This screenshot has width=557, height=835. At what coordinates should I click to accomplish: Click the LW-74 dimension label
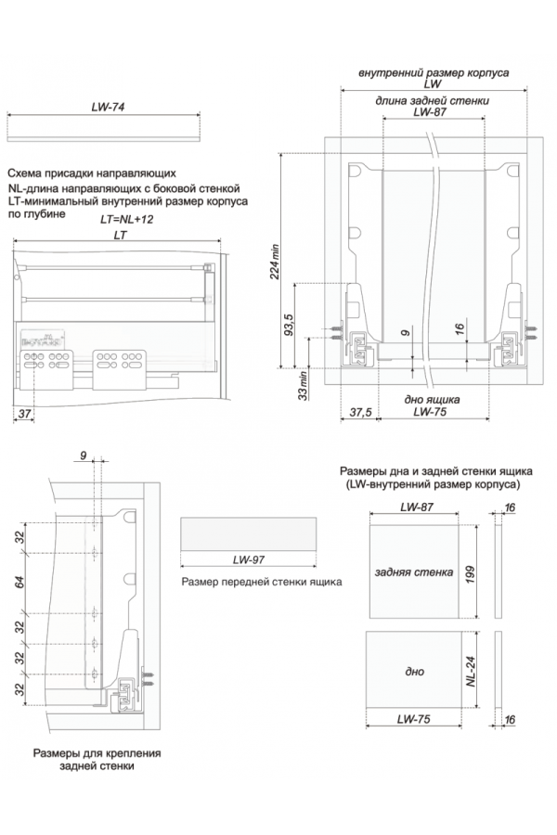click(108, 108)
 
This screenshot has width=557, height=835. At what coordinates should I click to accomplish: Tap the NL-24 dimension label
click(472, 671)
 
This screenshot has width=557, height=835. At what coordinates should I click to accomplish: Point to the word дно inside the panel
click(415, 671)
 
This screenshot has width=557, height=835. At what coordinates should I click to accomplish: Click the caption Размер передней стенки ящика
click(263, 583)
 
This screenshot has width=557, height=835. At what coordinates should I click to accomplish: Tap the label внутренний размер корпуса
click(433, 72)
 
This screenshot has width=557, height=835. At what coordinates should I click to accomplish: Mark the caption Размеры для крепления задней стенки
click(97, 760)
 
